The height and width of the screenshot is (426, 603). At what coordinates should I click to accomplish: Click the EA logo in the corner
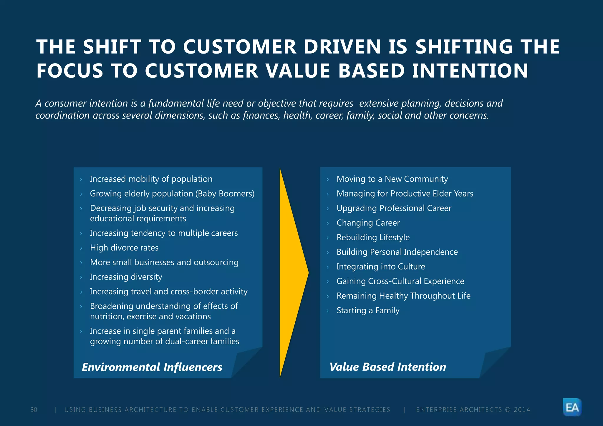572,407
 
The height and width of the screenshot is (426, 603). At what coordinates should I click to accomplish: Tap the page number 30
34,410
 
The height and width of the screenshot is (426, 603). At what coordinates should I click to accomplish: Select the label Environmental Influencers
152,367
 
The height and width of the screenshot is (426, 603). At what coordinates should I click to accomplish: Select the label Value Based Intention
387,367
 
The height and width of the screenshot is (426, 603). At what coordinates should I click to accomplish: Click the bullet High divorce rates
124,248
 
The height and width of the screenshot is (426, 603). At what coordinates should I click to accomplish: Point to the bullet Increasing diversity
126,277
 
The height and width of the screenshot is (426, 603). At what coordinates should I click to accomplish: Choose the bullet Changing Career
368,223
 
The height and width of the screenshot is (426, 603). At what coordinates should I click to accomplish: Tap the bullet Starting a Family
368,310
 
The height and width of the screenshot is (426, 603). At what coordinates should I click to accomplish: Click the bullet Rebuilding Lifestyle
373,237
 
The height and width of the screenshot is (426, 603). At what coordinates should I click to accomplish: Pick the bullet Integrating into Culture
381,267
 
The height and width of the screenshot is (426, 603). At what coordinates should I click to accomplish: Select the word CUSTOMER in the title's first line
239,47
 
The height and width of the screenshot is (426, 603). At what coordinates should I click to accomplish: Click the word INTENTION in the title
470,71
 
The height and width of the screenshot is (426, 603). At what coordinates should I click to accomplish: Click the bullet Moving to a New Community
392,179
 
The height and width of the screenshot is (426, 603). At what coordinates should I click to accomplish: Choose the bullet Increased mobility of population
151,179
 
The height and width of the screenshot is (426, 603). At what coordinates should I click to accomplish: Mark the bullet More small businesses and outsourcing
164,262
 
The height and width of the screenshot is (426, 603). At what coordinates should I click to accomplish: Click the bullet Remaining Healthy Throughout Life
403,296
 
